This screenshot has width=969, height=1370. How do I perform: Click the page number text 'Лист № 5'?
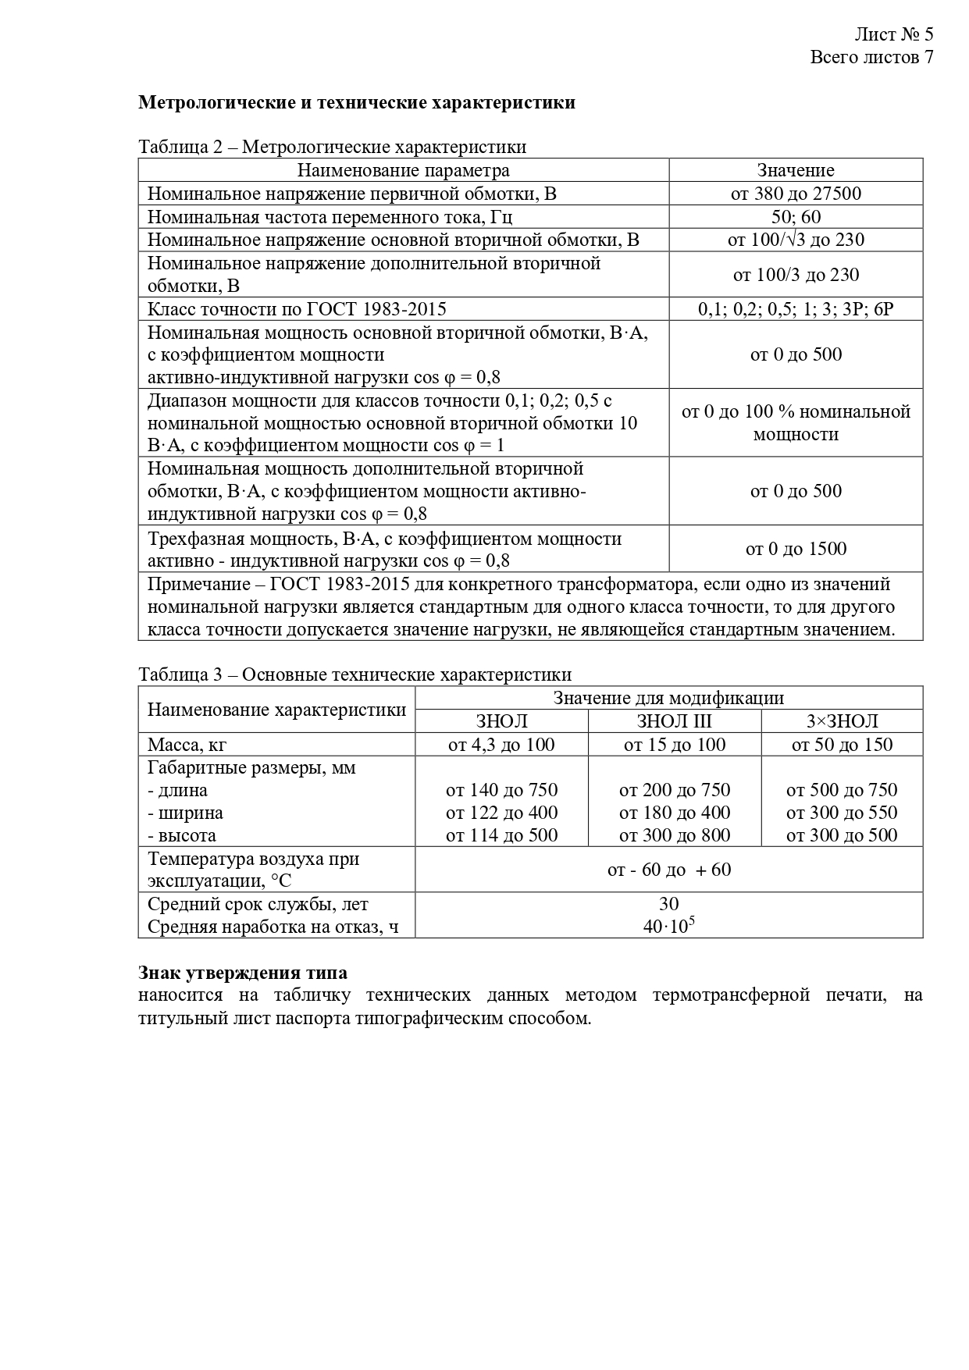point(893,34)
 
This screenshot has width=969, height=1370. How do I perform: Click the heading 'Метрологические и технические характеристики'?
point(357,102)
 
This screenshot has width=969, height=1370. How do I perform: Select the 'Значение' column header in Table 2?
point(795,170)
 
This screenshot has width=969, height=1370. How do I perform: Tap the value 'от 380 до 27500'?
point(795,194)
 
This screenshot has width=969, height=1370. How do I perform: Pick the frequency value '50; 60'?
point(796,216)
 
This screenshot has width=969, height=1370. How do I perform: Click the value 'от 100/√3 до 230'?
point(795,240)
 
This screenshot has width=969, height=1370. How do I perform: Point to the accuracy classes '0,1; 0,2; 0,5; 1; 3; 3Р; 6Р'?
point(795,309)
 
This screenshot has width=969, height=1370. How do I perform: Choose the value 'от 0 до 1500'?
point(795,549)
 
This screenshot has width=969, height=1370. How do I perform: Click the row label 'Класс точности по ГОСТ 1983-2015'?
point(297,309)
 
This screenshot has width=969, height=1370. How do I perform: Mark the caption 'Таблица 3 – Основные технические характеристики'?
point(354,674)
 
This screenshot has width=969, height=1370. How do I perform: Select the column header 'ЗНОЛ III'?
point(674,721)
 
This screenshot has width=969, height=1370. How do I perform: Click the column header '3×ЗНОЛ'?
point(842,721)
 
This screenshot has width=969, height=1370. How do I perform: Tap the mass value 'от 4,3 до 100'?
point(501,745)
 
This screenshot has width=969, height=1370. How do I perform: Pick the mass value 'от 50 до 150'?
point(842,745)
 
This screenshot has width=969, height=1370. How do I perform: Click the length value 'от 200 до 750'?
point(674,790)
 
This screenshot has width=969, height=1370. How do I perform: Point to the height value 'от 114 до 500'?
point(501,835)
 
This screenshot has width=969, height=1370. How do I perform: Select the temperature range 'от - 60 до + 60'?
point(668,870)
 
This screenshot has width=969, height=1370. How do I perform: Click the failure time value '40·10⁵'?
point(668,927)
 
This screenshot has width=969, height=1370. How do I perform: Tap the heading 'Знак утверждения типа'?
point(243,973)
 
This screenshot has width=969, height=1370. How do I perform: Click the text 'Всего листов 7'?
point(871,57)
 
